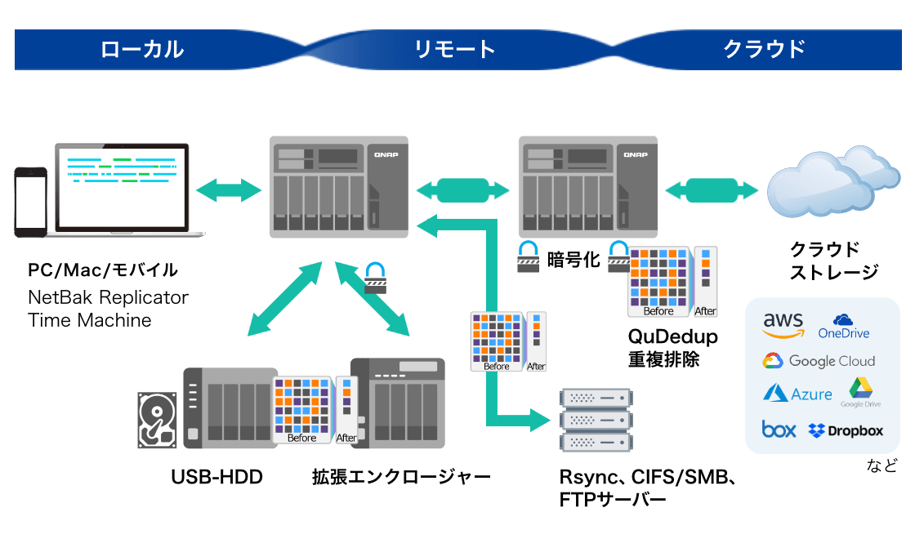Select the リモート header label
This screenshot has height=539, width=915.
(x=455, y=49)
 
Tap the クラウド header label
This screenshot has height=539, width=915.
(x=765, y=49)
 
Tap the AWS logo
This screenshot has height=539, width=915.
(x=783, y=325)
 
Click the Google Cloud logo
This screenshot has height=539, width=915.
(x=819, y=361)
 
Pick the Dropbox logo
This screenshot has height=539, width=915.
(x=846, y=430)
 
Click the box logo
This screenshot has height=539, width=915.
(x=779, y=430)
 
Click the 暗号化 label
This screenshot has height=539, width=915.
(x=573, y=260)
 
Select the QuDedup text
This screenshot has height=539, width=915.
(x=672, y=336)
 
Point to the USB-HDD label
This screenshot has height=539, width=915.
(x=216, y=477)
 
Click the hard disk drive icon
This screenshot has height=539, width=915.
(x=156, y=416)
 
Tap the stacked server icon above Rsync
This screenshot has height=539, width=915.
(x=596, y=421)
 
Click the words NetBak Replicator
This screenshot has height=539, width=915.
(x=108, y=296)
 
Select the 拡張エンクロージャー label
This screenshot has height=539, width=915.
(x=400, y=477)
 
